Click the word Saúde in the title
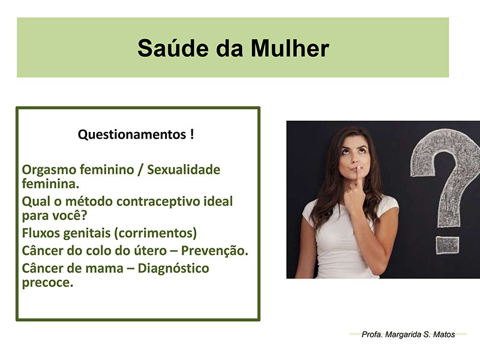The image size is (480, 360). tap(173, 48)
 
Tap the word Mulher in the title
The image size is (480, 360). tap(290, 48)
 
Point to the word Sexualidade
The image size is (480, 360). tap(184, 170)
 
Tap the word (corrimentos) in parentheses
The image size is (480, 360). tap(155, 233)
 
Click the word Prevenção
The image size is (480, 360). tap(215, 251)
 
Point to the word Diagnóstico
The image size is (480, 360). tap(173, 268)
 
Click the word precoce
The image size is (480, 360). tap(48, 283)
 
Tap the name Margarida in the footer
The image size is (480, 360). tap(403, 334)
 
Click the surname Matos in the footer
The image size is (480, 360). tap(444, 334)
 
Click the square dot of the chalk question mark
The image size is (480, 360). tap(447, 245)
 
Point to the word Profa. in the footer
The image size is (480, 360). tap(372, 334)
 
